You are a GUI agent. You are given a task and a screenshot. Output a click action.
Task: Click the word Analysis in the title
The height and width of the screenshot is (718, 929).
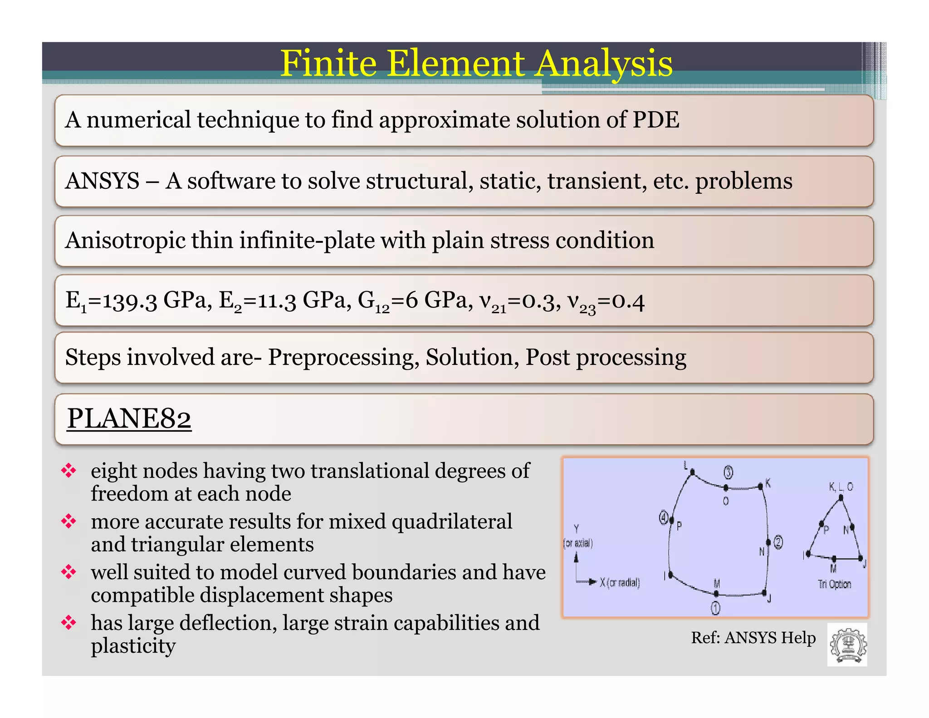pyautogui.click(x=604, y=64)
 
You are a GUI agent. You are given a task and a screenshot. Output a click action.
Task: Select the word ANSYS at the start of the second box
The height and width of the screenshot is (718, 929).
pyautogui.click(x=103, y=181)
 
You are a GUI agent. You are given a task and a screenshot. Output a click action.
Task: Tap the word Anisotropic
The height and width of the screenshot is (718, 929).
pyautogui.click(x=125, y=241)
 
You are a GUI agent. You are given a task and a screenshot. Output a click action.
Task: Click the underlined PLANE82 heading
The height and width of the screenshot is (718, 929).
pyautogui.click(x=129, y=418)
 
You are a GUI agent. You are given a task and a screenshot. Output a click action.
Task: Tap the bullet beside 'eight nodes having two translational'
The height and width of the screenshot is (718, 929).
pyautogui.click(x=69, y=471)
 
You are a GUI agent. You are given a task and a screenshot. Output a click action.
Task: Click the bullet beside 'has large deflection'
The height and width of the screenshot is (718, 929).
pyautogui.click(x=69, y=623)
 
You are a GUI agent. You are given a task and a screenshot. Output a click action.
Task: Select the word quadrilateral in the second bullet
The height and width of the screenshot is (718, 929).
pyautogui.click(x=452, y=521)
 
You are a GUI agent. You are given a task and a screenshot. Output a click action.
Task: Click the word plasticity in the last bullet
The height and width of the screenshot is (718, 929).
pyautogui.click(x=133, y=646)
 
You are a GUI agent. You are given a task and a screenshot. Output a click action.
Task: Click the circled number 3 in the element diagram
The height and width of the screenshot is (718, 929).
pyautogui.click(x=728, y=472)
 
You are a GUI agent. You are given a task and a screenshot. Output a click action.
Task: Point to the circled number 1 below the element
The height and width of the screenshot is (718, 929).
pyautogui.click(x=715, y=608)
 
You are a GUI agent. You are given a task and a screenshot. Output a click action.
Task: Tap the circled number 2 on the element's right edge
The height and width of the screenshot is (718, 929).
pyautogui.click(x=778, y=542)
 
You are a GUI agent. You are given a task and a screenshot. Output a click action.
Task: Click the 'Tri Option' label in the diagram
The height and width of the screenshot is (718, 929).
pyautogui.click(x=834, y=584)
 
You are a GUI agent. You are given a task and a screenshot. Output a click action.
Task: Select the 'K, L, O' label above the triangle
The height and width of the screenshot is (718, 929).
pyautogui.click(x=841, y=487)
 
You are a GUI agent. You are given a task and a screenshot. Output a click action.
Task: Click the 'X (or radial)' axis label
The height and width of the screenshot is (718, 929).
pyautogui.click(x=620, y=583)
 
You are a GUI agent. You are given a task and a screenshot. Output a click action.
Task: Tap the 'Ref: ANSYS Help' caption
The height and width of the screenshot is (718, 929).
pyautogui.click(x=753, y=638)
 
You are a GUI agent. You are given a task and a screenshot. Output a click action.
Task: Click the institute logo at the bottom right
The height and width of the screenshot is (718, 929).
pyautogui.click(x=847, y=644)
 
